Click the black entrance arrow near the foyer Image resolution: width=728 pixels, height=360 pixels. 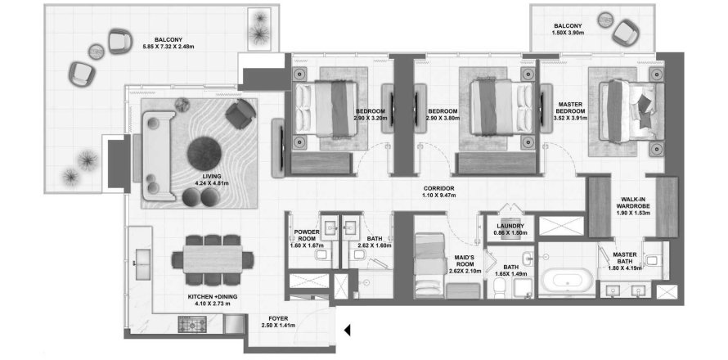click(348, 330)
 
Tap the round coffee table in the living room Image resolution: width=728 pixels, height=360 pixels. click(204, 154)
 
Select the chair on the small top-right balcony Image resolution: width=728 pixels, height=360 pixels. click(625, 33)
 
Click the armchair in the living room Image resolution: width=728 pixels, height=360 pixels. click(240, 115)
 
